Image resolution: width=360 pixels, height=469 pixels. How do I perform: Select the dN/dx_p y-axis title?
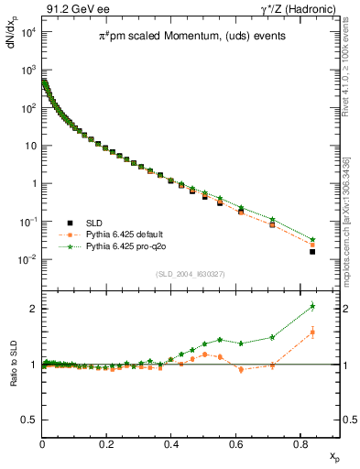coord(12,44)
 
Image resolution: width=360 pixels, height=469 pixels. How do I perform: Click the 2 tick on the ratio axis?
coord(33,309)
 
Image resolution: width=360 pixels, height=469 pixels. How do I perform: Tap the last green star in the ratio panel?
coord(312,306)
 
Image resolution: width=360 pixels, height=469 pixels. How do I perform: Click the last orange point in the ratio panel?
coord(312,333)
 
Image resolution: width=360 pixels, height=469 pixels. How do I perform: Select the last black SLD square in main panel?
coord(312,251)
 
